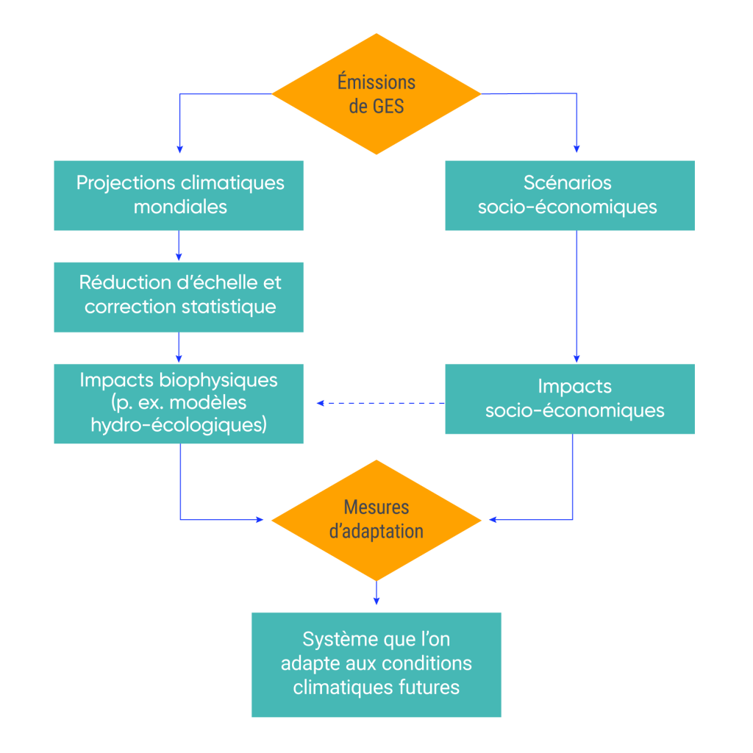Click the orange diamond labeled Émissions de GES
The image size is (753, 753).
(x=376, y=93)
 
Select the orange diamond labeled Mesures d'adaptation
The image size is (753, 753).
(x=376, y=520)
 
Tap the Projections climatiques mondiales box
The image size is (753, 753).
(x=179, y=195)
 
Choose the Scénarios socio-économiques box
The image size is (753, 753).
(x=570, y=195)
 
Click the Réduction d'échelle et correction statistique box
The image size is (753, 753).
(x=179, y=296)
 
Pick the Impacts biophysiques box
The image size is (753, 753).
(x=179, y=403)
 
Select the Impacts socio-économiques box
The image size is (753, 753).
(x=570, y=399)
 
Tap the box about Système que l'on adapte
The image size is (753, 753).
(x=376, y=664)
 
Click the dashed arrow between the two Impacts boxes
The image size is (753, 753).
(x=381, y=403)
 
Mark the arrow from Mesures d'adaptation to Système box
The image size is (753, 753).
(x=376, y=592)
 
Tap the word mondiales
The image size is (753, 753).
(x=180, y=207)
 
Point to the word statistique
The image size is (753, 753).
(x=229, y=307)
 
